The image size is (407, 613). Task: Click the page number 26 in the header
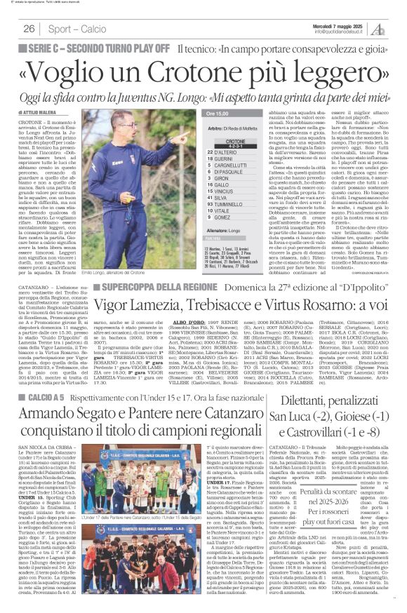coord(29,28)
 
